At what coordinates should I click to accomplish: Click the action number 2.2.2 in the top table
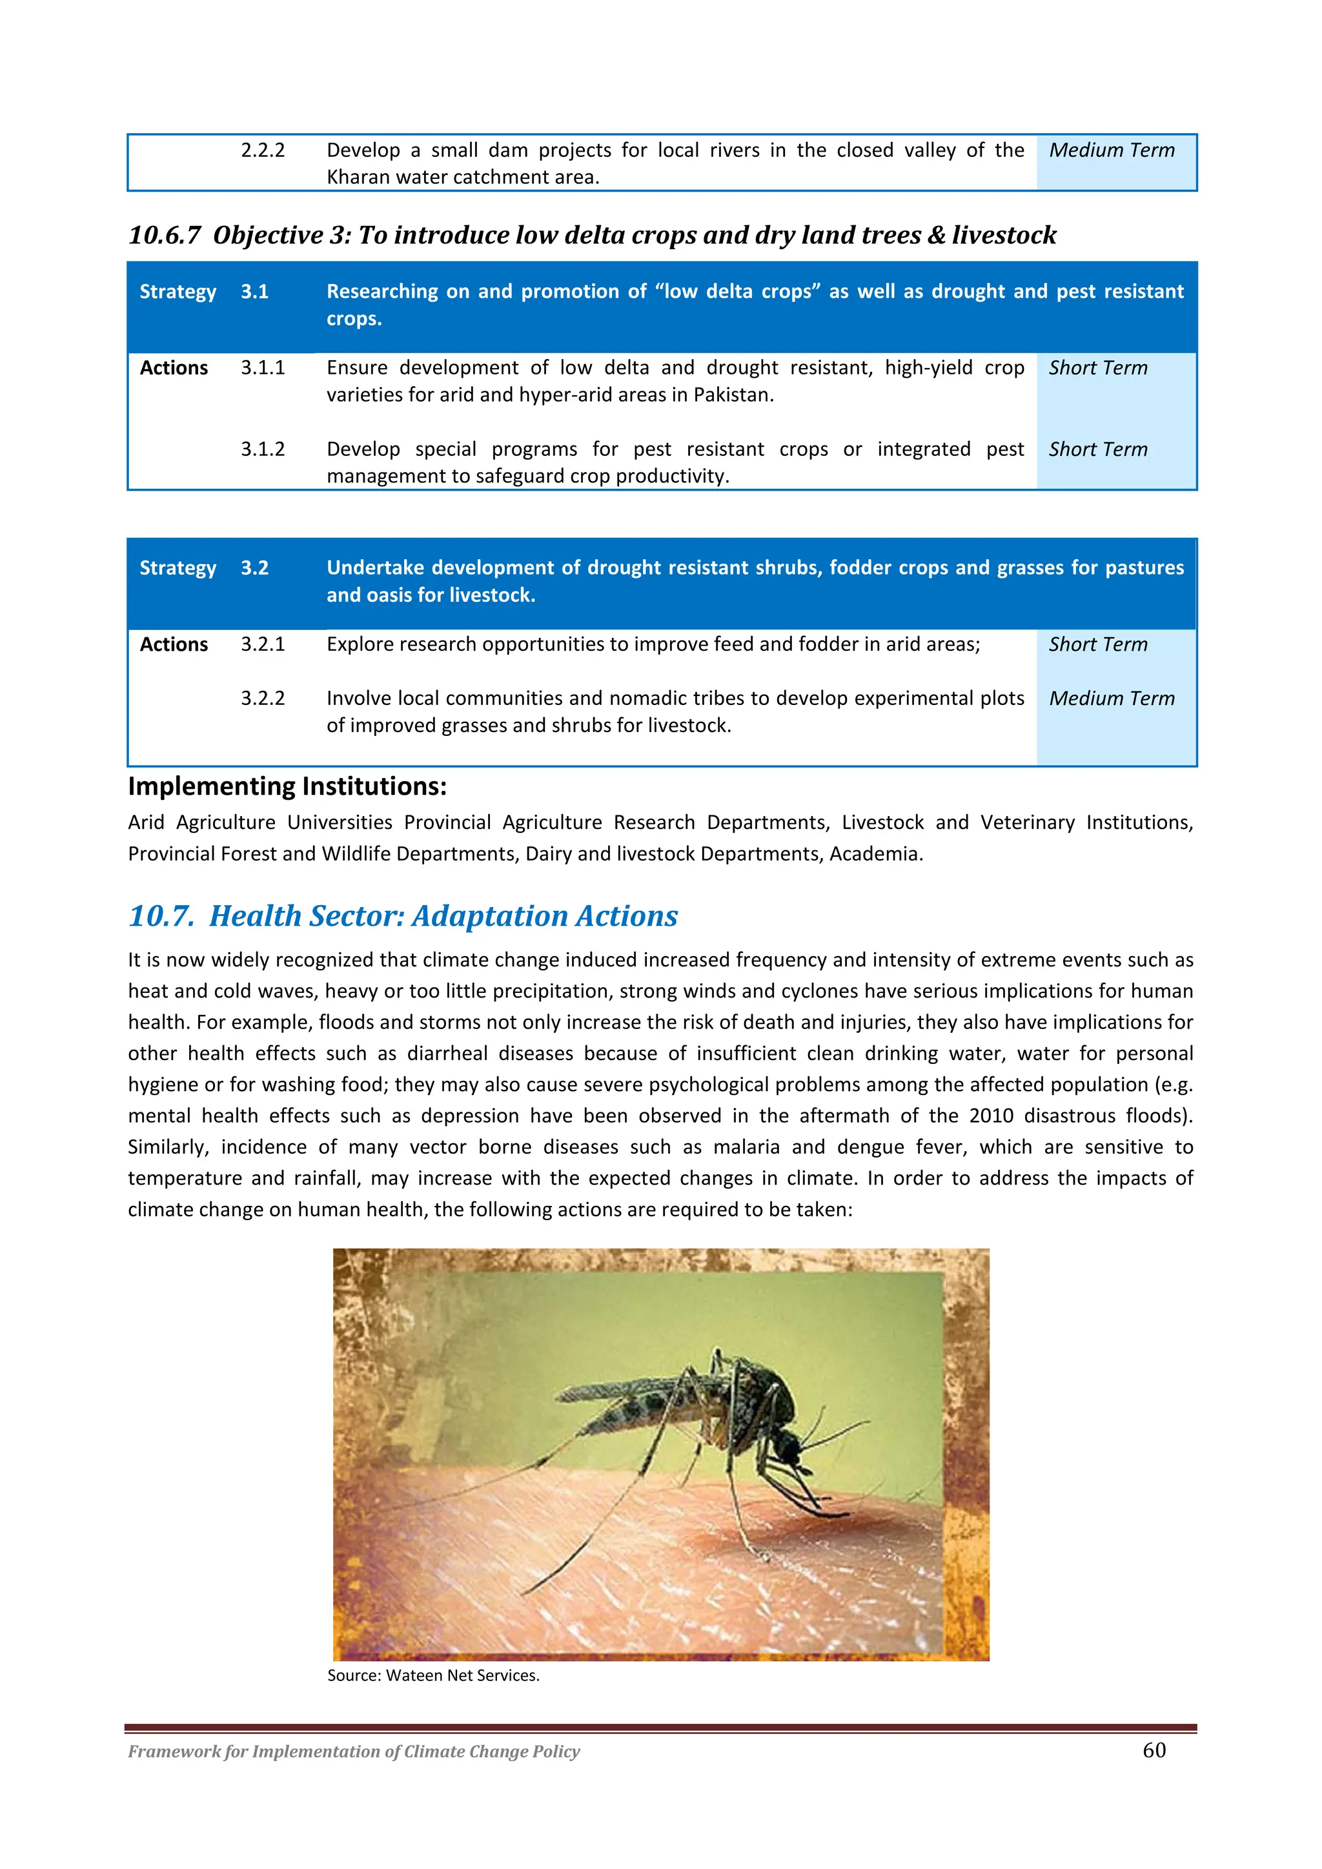(262, 150)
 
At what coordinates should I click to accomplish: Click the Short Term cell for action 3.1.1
(1097, 368)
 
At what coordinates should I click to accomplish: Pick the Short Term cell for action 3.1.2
(1097, 449)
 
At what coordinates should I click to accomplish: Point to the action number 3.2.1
(262, 645)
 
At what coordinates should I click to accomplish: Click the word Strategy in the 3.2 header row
(178, 568)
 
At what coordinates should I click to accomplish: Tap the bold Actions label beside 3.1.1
(174, 368)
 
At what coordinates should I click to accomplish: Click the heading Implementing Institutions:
(287, 786)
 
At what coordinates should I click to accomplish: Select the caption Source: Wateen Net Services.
(433, 1675)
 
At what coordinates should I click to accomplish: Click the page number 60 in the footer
(1154, 1750)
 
